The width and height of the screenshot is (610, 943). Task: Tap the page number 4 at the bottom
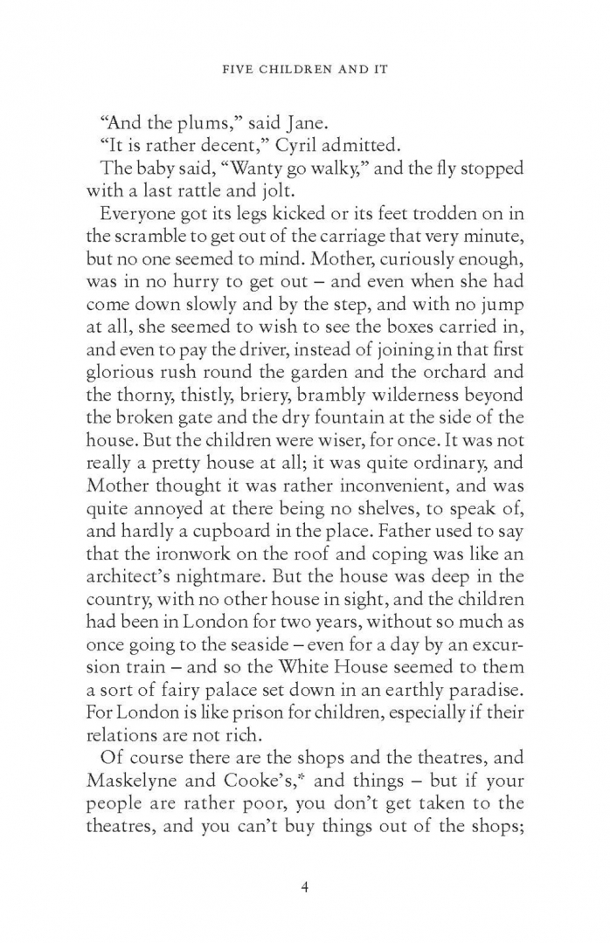(x=305, y=887)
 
